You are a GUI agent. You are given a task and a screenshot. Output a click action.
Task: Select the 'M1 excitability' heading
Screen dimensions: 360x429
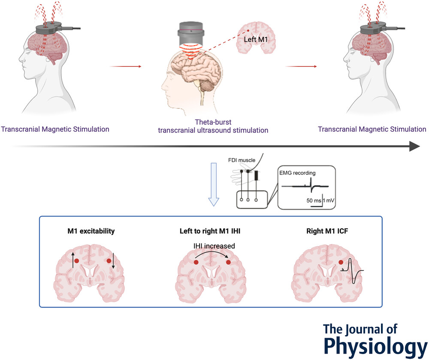point(92,231)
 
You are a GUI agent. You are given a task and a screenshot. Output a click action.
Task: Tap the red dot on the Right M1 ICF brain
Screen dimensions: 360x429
point(341,262)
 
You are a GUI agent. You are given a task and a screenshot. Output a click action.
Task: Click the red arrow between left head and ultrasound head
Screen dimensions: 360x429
point(125,66)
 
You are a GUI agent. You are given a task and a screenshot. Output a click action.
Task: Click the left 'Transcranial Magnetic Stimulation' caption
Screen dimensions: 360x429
point(55,129)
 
